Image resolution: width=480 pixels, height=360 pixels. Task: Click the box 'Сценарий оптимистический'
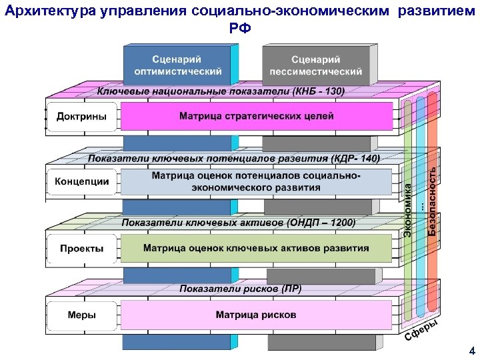178,65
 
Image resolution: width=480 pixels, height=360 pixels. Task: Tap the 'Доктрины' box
81,116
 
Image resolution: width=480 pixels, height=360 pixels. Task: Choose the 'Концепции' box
81,181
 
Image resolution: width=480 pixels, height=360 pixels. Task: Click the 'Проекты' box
81,248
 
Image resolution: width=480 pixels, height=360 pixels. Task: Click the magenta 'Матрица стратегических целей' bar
256,116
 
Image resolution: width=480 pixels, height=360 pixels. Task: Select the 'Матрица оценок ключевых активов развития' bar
256,248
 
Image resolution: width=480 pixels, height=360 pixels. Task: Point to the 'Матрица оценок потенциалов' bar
256,181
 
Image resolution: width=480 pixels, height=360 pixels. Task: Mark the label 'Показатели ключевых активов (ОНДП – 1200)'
239,223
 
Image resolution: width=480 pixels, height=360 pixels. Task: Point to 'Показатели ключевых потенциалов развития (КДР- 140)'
234,159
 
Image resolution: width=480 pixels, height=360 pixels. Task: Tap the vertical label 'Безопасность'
433,199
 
